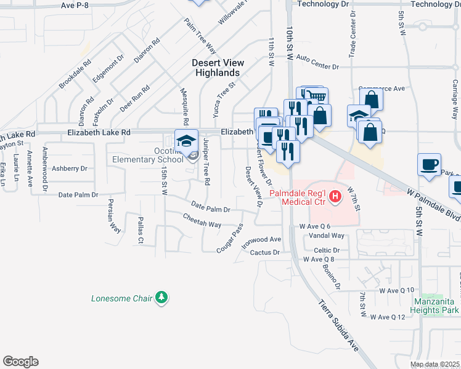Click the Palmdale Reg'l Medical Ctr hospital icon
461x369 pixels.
point(335,197)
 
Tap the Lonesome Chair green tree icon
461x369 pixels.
point(161,298)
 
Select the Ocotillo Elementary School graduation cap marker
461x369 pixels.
point(186,141)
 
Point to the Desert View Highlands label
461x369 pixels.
point(218,68)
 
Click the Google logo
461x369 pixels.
point(20,362)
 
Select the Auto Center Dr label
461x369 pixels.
point(317,62)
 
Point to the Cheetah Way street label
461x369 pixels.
point(202,220)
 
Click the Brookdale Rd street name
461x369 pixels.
point(75,74)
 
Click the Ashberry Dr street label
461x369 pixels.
point(70,168)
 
